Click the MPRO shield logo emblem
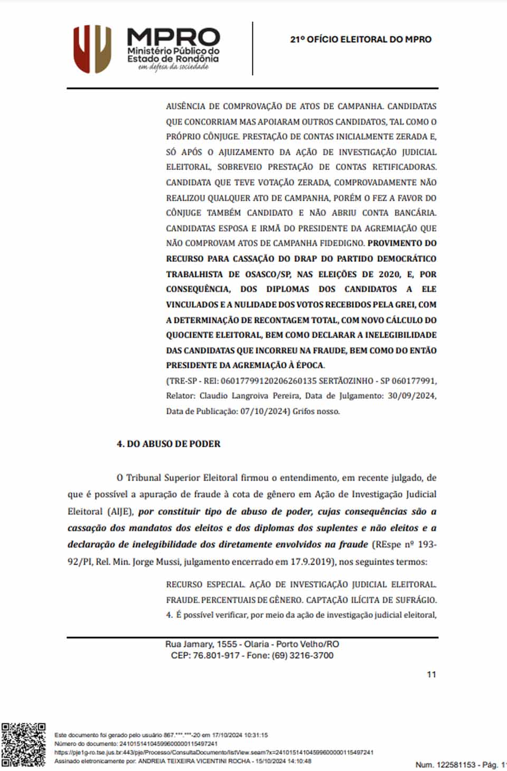[92, 49]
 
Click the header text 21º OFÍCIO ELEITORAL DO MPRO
[361, 40]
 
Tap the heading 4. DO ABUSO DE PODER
[168, 444]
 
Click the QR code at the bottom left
[23, 744]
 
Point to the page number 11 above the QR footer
[431, 674]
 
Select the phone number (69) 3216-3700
[303, 655]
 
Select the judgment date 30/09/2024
[412, 396]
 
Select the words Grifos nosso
[316, 411]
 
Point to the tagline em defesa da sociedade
[173, 68]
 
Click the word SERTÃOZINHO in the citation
[349, 380]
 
